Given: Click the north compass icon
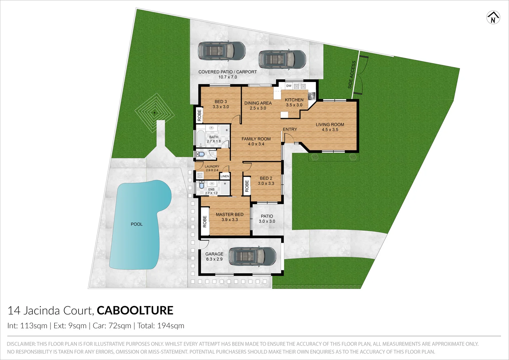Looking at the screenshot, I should pyautogui.click(x=493, y=18).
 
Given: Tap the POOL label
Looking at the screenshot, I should pyautogui.click(x=137, y=224).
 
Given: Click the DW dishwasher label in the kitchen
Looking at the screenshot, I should pyautogui.click(x=289, y=86).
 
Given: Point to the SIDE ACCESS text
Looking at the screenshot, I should pyautogui.click(x=352, y=75).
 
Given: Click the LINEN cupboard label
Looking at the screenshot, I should pyautogui.click(x=225, y=176).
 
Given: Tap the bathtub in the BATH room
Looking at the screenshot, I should pyautogui.click(x=201, y=139).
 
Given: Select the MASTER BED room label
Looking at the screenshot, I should pyautogui.click(x=230, y=215).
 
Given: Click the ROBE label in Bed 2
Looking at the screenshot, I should pyautogui.click(x=247, y=186).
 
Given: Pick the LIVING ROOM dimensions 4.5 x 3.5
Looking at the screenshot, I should pyautogui.click(x=330, y=130).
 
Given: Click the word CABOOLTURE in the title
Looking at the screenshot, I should pyautogui.click(x=135, y=310).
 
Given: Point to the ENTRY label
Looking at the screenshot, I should pyautogui.click(x=290, y=129).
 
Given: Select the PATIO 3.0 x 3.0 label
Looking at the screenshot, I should pyautogui.click(x=267, y=219).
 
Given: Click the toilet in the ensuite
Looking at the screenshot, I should pyautogui.click(x=201, y=185).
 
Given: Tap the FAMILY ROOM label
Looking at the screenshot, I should pyautogui.click(x=256, y=139).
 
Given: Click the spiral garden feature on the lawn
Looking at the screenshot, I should pyautogui.click(x=155, y=112).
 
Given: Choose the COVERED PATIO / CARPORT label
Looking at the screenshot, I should pyautogui.click(x=228, y=72).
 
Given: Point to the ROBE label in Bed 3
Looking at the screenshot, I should pyautogui.click(x=200, y=115).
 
